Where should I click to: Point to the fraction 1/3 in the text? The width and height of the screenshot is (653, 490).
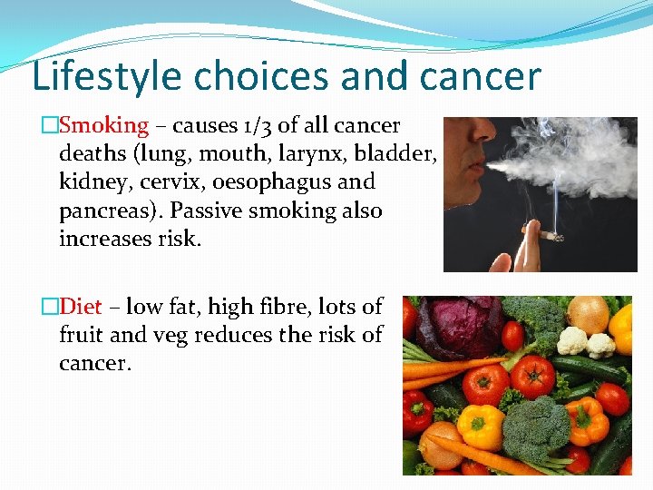click(x=255, y=126)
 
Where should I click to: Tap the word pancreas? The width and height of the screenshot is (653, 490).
click(x=105, y=211)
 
